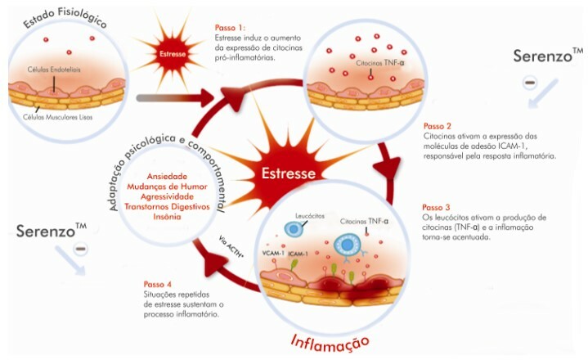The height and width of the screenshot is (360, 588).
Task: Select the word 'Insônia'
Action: pos(172,217)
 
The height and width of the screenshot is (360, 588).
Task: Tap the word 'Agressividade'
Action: pos(172,197)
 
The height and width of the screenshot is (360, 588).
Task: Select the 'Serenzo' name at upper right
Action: pos(544,57)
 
